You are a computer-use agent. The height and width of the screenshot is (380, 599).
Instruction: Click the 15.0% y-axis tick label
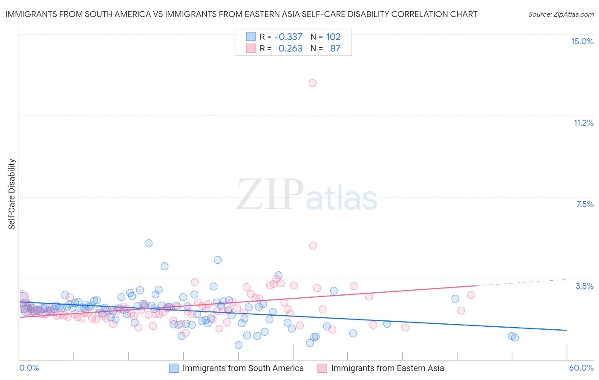[582, 41]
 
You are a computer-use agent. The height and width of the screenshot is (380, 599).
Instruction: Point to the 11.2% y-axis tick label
[583, 123]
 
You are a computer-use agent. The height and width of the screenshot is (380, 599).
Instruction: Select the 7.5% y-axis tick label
[585, 204]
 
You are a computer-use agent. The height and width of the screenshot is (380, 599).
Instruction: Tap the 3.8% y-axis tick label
[585, 286]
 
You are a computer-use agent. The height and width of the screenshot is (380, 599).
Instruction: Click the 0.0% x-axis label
[29, 368]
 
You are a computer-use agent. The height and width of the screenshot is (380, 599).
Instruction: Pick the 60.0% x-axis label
[581, 368]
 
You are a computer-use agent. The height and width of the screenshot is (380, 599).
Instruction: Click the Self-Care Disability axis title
[12, 194]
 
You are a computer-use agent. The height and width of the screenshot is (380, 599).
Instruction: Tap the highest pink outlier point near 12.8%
[312, 83]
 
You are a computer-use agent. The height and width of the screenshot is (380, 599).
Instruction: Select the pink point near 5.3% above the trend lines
[313, 245]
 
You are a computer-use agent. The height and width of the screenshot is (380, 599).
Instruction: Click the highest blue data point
[148, 243]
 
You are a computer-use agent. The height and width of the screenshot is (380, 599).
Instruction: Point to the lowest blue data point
[239, 345]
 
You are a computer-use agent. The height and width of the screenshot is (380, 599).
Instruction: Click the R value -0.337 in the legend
[288, 37]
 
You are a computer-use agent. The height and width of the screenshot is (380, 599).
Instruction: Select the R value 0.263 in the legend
[290, 49]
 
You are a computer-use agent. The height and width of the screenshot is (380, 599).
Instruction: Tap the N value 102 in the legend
[333, 37]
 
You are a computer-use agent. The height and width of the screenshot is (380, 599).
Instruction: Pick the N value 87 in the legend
[335, 49]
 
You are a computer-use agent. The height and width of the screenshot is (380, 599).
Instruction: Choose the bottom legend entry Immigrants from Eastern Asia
[387, 368]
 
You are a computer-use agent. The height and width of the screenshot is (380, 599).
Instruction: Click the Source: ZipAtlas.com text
[561, 14]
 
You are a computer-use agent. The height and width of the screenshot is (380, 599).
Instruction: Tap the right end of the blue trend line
[567, 330]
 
